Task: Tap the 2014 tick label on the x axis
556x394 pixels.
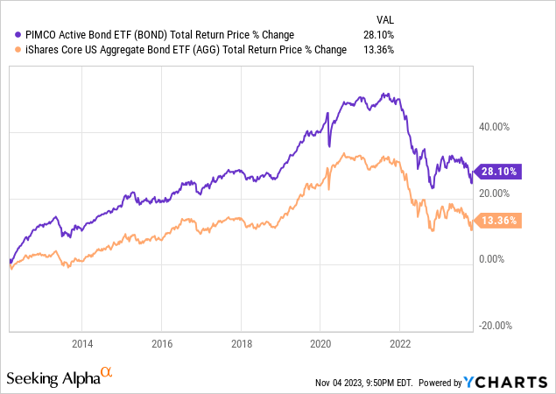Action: [x=82, y=343]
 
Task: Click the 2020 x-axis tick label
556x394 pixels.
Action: [x=320, y=343]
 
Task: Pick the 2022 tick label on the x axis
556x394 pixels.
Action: [x=400, y=343]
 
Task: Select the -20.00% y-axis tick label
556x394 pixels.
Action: [x=495, y=326]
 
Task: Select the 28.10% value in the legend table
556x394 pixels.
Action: [x=377, y=34]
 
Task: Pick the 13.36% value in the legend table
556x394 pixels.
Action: [x=377, y=50]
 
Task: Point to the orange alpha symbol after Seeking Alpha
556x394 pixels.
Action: [x=108, y=373]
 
